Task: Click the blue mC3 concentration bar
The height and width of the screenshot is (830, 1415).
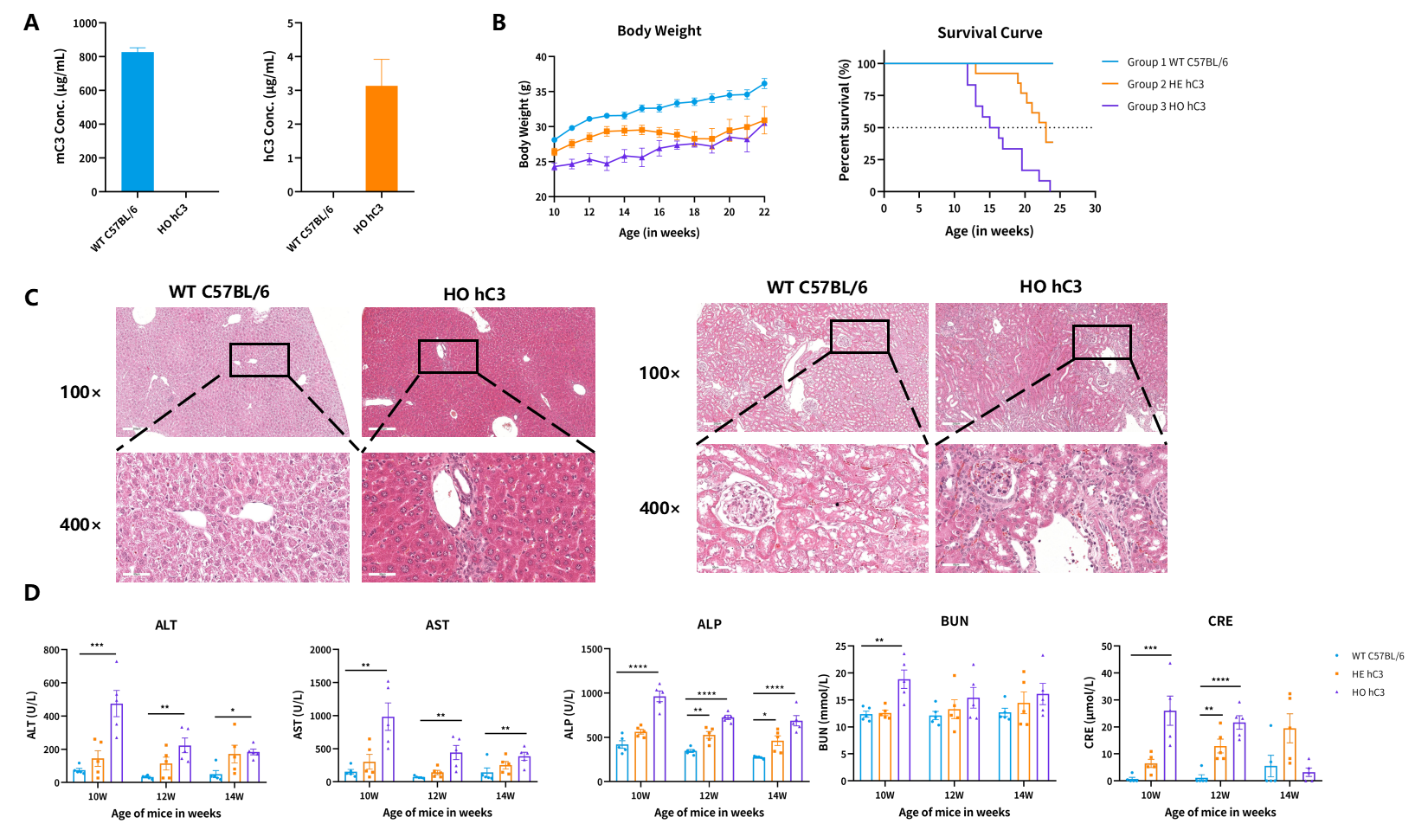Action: pyautogui.click(x=138, y=122)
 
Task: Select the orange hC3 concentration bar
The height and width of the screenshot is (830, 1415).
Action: pyautogui.click(x=382, y=139)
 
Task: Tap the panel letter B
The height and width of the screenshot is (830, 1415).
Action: pyautogui.click(x=498, y=23)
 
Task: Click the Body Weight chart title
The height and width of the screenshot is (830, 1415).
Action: pyautogui.click(x=659, y=31)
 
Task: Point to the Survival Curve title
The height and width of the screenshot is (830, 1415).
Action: pyautogui.click(x=989, y=33)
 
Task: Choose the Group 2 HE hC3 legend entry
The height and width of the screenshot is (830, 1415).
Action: pyautogui.click(x=1153, y=84)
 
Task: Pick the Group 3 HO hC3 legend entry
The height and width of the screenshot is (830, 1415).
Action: pyautogui.click(x=1154, y=106)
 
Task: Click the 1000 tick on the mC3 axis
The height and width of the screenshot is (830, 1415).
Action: pyautogui.click(x=86, y=23)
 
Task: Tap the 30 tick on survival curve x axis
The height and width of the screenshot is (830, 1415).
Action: pyautogui.click(x=1095, y=209)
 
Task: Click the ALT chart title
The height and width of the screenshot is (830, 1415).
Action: pyautogui.click(x=166, y=625)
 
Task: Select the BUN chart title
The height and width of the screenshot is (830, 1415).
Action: pyautogui.click(x=954, y=621)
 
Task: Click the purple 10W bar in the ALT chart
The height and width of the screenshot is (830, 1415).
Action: pyautogui.click(x=116, y=743)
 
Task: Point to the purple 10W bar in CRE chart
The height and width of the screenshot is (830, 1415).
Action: pyautogui.click(x=1170, y=746)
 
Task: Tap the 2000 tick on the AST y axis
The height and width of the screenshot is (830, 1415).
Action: pyautogui.click(x=322, y=650)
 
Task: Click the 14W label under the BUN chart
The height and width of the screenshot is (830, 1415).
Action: pyautogui.click(x=1023, y=795)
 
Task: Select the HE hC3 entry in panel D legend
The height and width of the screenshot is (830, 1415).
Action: pyautogui.click(x=1367, y=674)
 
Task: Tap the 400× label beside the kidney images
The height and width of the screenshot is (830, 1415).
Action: pyautogui.click(x=659, y=508)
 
